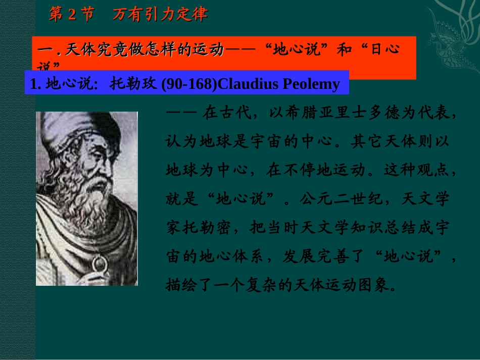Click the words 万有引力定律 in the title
160,15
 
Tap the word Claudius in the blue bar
248,84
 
